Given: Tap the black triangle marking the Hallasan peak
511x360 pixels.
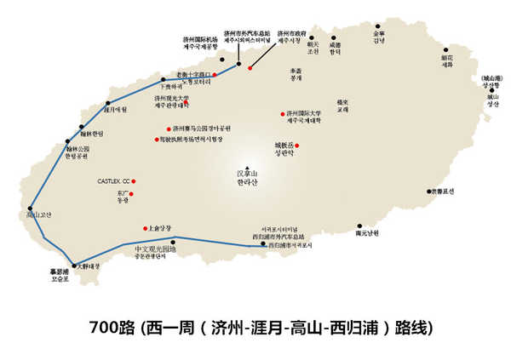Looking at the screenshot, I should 246,167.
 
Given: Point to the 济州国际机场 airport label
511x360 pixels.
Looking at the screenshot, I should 200,39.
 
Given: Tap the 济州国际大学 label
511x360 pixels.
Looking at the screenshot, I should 304,113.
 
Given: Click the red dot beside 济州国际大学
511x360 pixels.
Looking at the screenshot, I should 282,114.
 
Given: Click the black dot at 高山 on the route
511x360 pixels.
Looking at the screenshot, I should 31,208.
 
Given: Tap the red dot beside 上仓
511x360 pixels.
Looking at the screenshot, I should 146,228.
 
